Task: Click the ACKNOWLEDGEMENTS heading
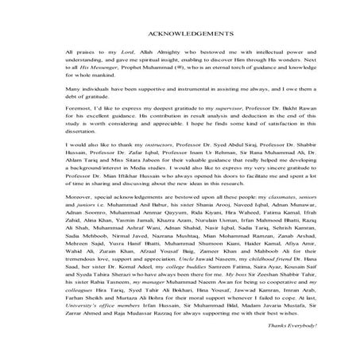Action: pos(179,35)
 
